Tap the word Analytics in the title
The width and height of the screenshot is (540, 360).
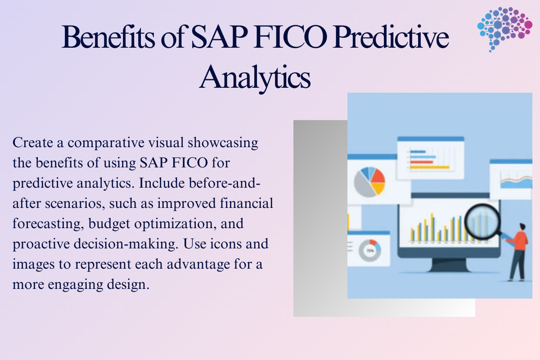[255, 76]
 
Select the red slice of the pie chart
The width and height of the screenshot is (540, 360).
[377, 175]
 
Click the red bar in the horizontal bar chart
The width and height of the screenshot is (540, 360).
[422, 162]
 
